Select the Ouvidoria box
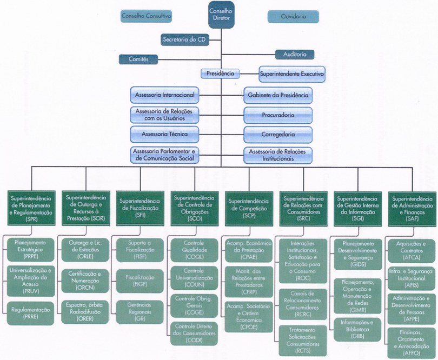[x=293, y=17]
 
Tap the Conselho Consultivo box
[x=146, y=17]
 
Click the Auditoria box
[x=295, y=55]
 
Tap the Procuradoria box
[x=278, y=115]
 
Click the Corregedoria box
[x=278, y=133]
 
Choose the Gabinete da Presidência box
[x=278, y=95]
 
